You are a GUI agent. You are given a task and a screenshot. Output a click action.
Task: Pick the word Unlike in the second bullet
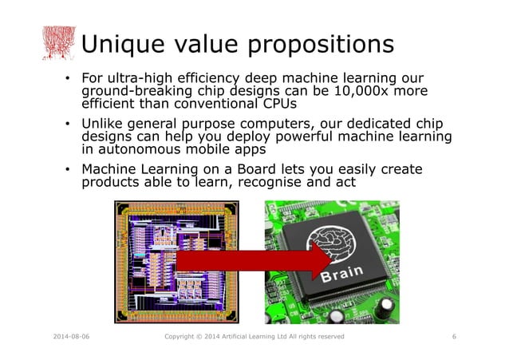pyautogui.click(x=104, y=125)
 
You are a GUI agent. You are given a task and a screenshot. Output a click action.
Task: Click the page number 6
pyautogui.click(x=454, y=337)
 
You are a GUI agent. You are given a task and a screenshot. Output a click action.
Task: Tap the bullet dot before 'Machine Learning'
pyautogui.click(x=69, y=170)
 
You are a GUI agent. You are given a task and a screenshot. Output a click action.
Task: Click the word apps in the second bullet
pyautogui.click(x=248, y=149)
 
